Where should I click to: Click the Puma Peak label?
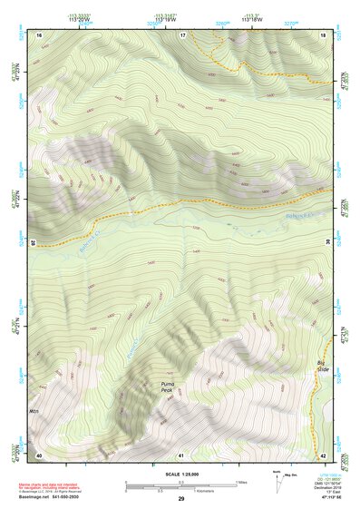[166, 387]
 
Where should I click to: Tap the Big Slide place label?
[321, 367]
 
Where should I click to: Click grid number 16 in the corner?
[39, 34]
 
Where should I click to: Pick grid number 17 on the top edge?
[182, 34]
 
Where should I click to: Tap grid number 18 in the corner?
[323, 34]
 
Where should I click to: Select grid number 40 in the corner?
[39, 455]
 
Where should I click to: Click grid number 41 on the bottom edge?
[181, 455]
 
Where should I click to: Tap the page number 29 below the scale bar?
[180, 500]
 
